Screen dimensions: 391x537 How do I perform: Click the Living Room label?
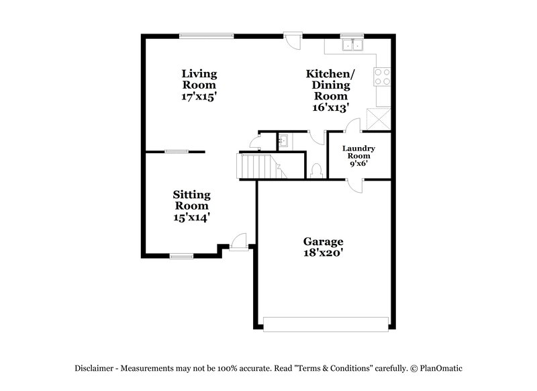(x=199, y=79)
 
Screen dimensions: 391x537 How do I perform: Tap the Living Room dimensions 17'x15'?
(x=199, y=96)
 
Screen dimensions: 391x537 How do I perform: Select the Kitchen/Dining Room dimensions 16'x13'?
(x=330, y=107)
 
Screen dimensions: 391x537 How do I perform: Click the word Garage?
(x=323, y=241)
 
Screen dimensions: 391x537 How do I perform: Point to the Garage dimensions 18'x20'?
(x=323, y=253)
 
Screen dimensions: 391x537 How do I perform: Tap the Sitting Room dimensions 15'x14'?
(x=192, y=217)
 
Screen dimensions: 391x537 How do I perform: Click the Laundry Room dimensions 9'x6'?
(x=358, y=163)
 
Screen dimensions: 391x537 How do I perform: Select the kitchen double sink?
(x=352, y=46)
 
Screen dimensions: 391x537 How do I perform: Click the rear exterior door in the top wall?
(x=293, y=39)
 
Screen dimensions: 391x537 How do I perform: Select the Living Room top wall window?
(x=207, y=36)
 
